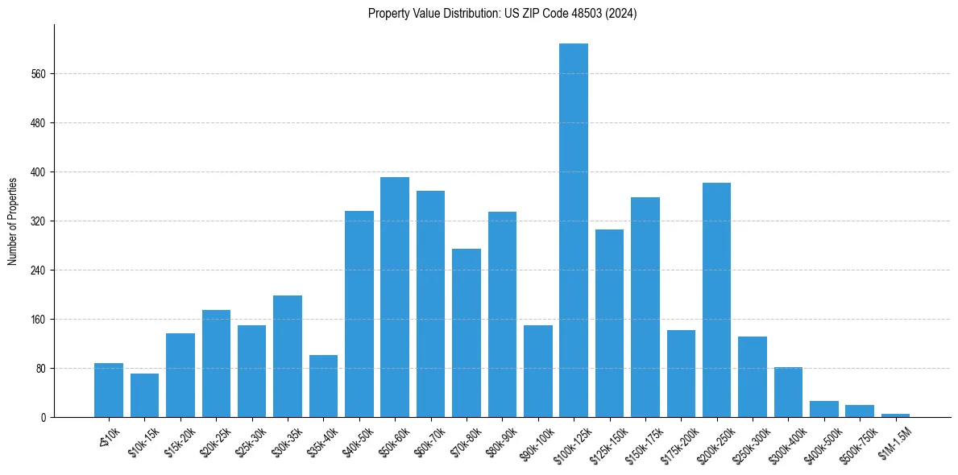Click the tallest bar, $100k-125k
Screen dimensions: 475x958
click(x=574, y=230)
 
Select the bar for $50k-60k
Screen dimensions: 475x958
click(x=395, y=297)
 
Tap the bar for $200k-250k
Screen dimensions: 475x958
click(x=716, y=299)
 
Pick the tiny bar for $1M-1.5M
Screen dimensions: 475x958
click(x=895, y=415)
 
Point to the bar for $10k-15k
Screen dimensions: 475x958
click(x=144, y=395)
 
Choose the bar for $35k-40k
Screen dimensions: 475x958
click(x=323, y=386)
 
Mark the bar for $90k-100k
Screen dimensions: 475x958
click(x=538, y=371)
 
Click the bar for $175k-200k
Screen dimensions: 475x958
click(x=681, y=374)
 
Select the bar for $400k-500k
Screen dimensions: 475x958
click(x=823, y=409)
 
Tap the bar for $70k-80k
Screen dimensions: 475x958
click(x=467, y=332)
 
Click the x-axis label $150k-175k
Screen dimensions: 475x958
click(x=641, y=443)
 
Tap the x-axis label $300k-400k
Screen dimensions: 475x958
click(x=785, y=443)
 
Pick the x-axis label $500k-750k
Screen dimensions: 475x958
click(x=856, y=443)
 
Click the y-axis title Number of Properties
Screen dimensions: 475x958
click(x=13, y=221)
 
